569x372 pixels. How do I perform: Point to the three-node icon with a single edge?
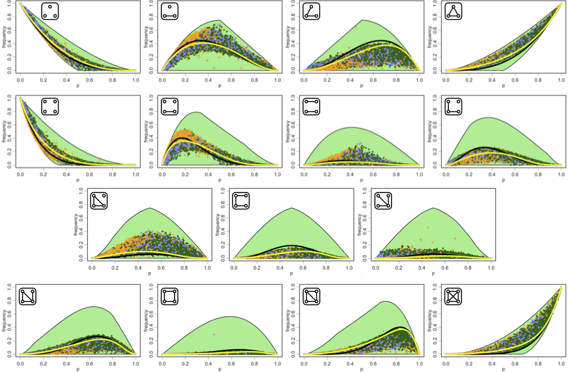(170, 11)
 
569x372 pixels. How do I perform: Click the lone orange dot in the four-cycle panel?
(213, 334)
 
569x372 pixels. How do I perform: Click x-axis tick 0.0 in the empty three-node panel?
(21, 78)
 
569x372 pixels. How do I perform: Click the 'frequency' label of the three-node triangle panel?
(429, 36)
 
